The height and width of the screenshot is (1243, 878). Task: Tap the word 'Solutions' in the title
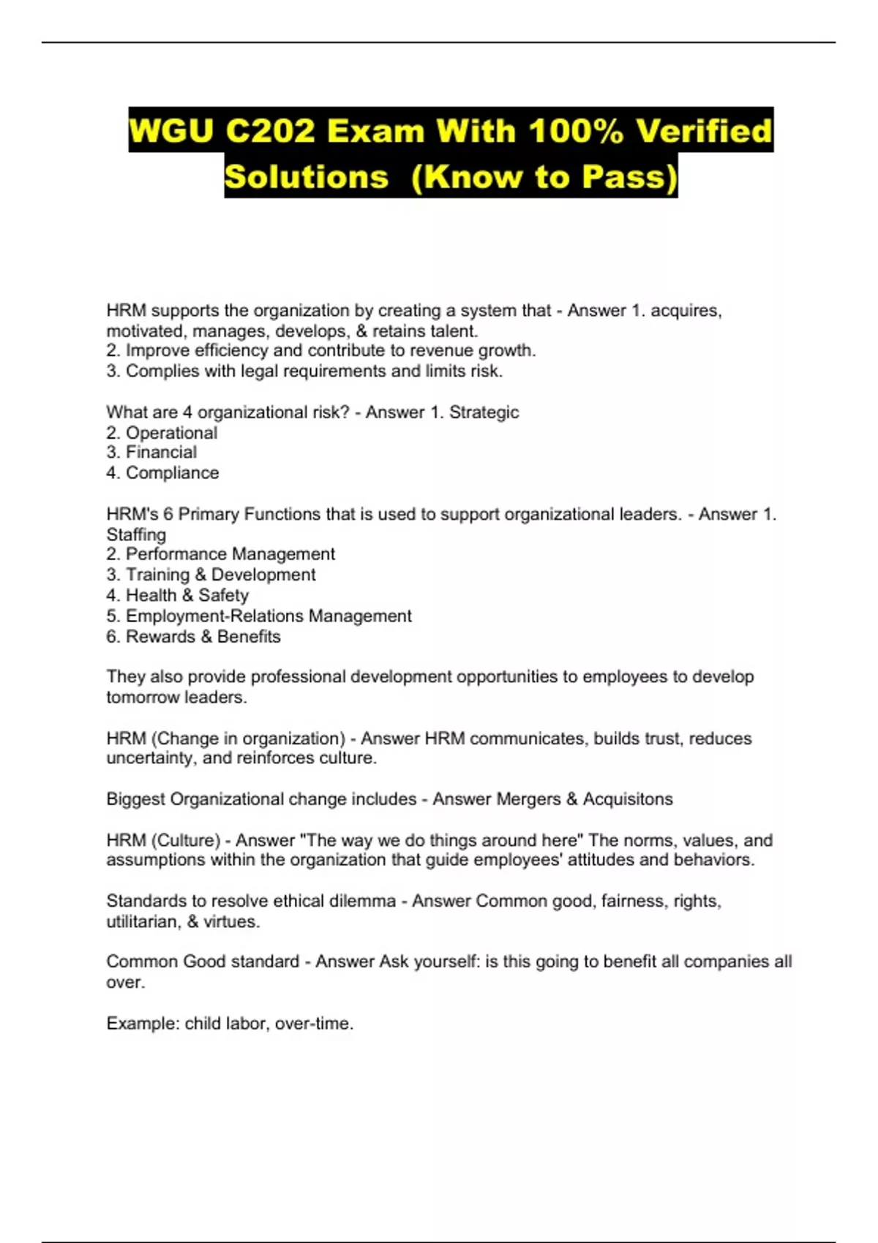click(x=307, y=177)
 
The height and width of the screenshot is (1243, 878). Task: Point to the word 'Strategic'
click(x=484, y=412)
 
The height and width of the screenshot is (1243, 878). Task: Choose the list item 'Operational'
click(x=171, y=433)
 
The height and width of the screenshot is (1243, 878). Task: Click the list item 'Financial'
click(x=161, y=453)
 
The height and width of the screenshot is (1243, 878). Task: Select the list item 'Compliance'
click(x=172, y=473)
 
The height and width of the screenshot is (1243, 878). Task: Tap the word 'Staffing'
click(x=136, y=534)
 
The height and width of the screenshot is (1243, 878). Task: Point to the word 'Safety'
click(x=223, y=595)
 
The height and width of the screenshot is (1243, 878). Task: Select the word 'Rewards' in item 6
click(x=160, y=636)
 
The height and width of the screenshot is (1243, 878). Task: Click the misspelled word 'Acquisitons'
click(x=628, y=799)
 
